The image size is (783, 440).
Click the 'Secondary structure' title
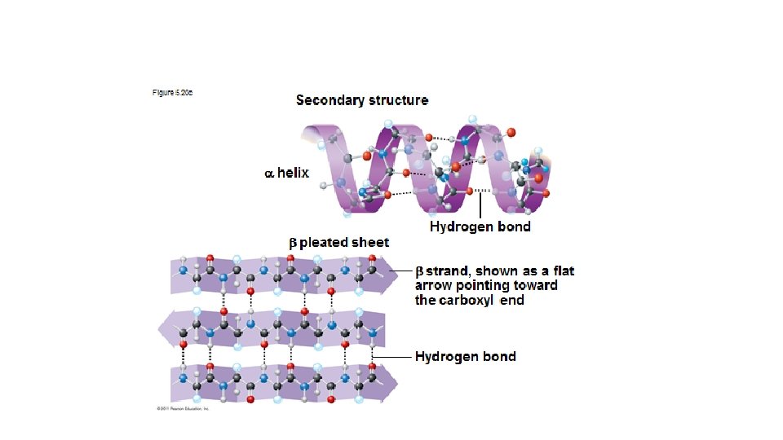pyautogui.click(x=361, y=100)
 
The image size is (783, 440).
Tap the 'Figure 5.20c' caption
pyautogui.click(x=172, y=93)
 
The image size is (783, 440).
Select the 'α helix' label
pyautogui.click(x=286, y=173)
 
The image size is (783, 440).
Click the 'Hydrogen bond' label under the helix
pyautogui.click(x=480, y=227)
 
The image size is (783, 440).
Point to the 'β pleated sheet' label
pyautogui.click(x=339, y=242)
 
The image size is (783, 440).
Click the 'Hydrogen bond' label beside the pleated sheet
pyautogui.click(x=465, y=356)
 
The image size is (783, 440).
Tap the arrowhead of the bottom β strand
pyautogui.click(x=391, y=381)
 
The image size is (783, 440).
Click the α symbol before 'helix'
pyautogui.click(x=268, y=174)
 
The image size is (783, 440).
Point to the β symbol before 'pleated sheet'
pyautogui.click(x=294, y=242)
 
